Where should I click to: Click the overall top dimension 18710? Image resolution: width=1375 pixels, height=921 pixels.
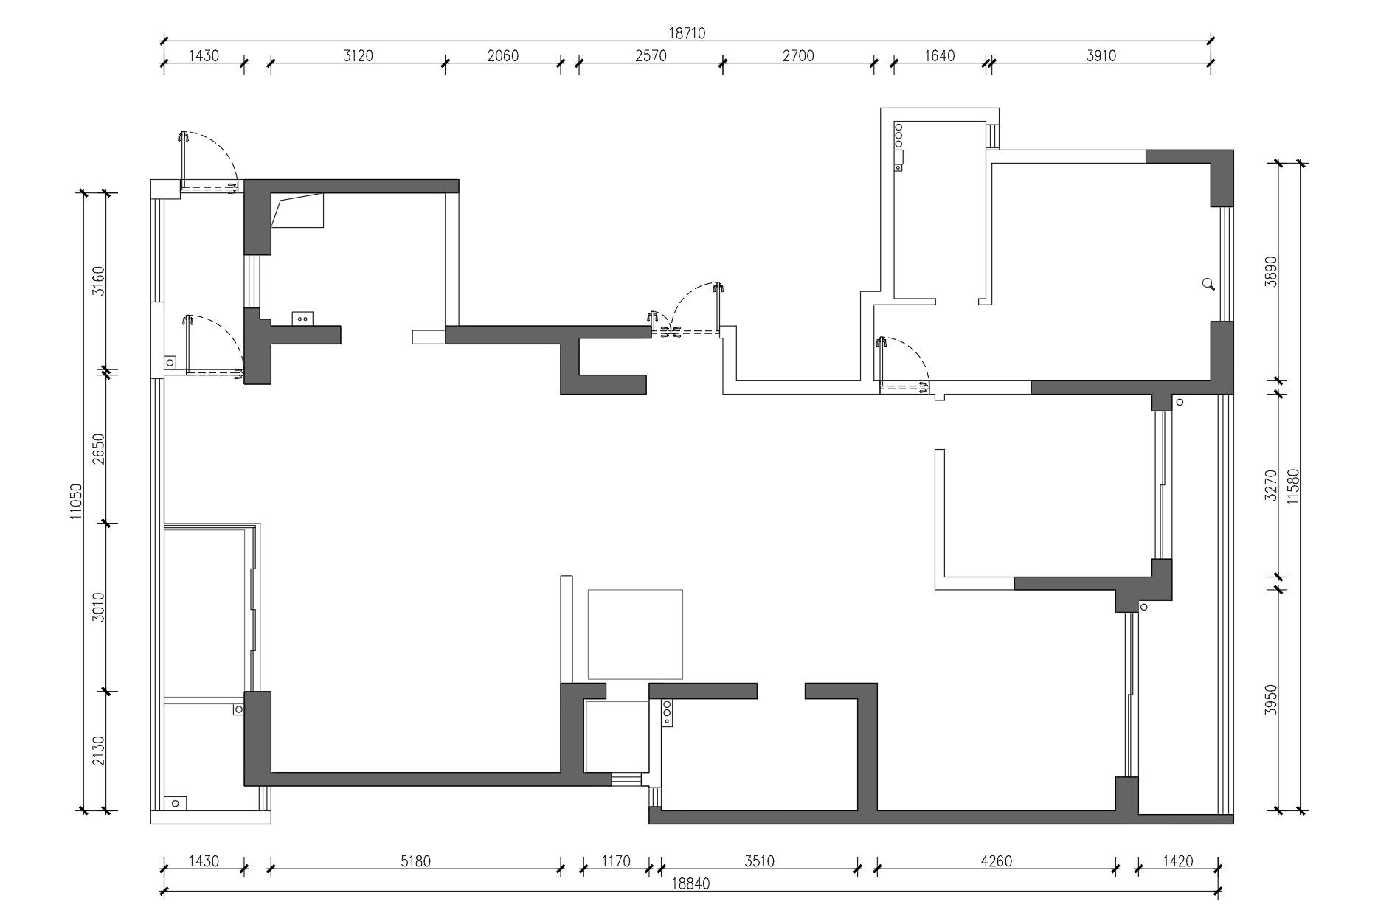click(x=687, y=33)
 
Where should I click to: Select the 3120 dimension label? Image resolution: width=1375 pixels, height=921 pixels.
click(x=358, y=56)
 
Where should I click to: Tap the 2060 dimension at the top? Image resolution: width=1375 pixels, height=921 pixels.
click(x=503, y=56)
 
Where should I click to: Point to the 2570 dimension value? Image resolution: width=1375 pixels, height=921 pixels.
click(x=651, y=56)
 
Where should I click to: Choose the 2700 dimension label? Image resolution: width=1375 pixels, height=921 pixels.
click(x=798, y=56)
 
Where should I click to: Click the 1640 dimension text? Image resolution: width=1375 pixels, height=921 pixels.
click(x=939, y=56)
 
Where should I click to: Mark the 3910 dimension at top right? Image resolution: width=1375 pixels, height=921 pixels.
click(x=1101, y=56)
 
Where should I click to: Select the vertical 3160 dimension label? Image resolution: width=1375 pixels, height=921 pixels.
click(x=98, y=280)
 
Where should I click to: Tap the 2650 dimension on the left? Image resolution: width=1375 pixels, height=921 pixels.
click(x=98, y=448)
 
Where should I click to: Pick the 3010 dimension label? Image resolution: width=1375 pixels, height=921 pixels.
click(x=98, y=607)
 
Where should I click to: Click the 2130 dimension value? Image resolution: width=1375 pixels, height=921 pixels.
click(x=98, y=751)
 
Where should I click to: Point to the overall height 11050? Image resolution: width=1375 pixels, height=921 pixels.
click(x=76, y=501)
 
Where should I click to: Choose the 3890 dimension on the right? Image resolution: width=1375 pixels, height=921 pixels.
click(x=1270, y=271)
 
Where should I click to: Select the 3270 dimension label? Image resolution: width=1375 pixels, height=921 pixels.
click(x=1270, y=485)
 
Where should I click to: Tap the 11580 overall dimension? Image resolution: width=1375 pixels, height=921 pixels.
click(x=1292, y=487)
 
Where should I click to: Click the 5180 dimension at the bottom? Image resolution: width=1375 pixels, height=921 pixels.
click(x=415, y=861)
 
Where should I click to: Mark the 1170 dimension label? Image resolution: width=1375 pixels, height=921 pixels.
click(x=616, y=861)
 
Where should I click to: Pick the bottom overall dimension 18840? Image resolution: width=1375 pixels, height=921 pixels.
click(x=690, y=883)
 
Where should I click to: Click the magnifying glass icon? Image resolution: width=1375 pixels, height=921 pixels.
click(x=1208, y=284)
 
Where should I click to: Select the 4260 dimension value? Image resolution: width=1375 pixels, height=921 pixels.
click(x=996, y=861)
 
